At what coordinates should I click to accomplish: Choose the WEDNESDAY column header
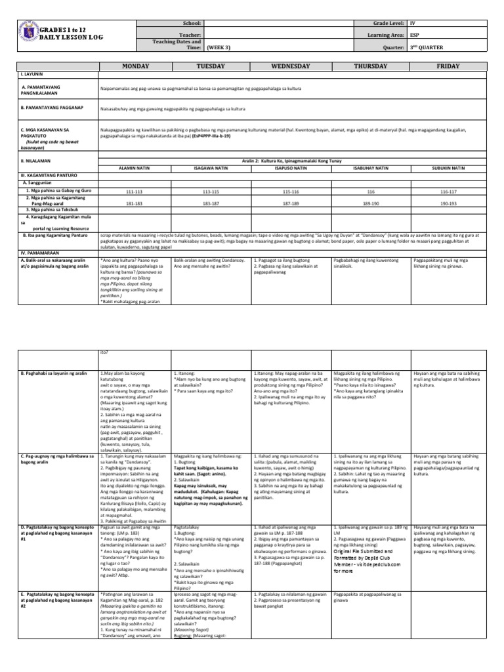pyautogui.click(x=290, y=66)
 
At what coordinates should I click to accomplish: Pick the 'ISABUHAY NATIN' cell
pyautogui.click(x=371, y=167)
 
